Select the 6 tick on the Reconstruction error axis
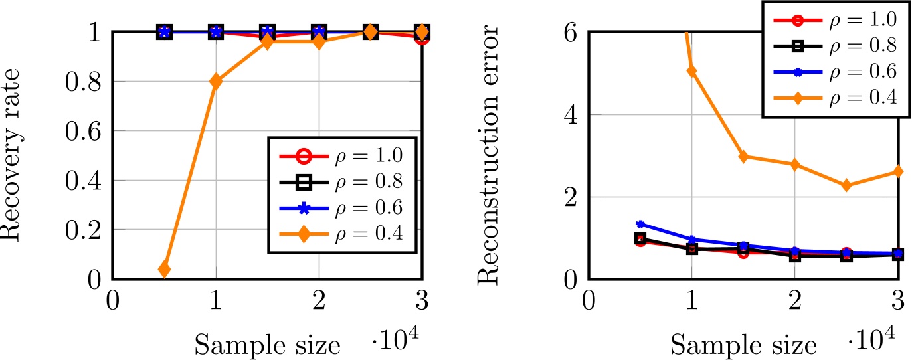pyautogui.click(x=570, y=32)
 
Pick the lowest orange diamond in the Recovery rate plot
pyautogui.click(x=164, y=269)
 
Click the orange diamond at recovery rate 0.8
pyautogui.click(x=216, y=81)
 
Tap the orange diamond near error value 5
pyautogui.click(x=691, y=71)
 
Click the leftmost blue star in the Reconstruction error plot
pyautogui.click(x=640, y=225)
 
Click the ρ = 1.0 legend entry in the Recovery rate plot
pyautogui.click(x=341, y=157)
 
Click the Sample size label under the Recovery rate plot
pyautogui.click(x=268, y=345)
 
